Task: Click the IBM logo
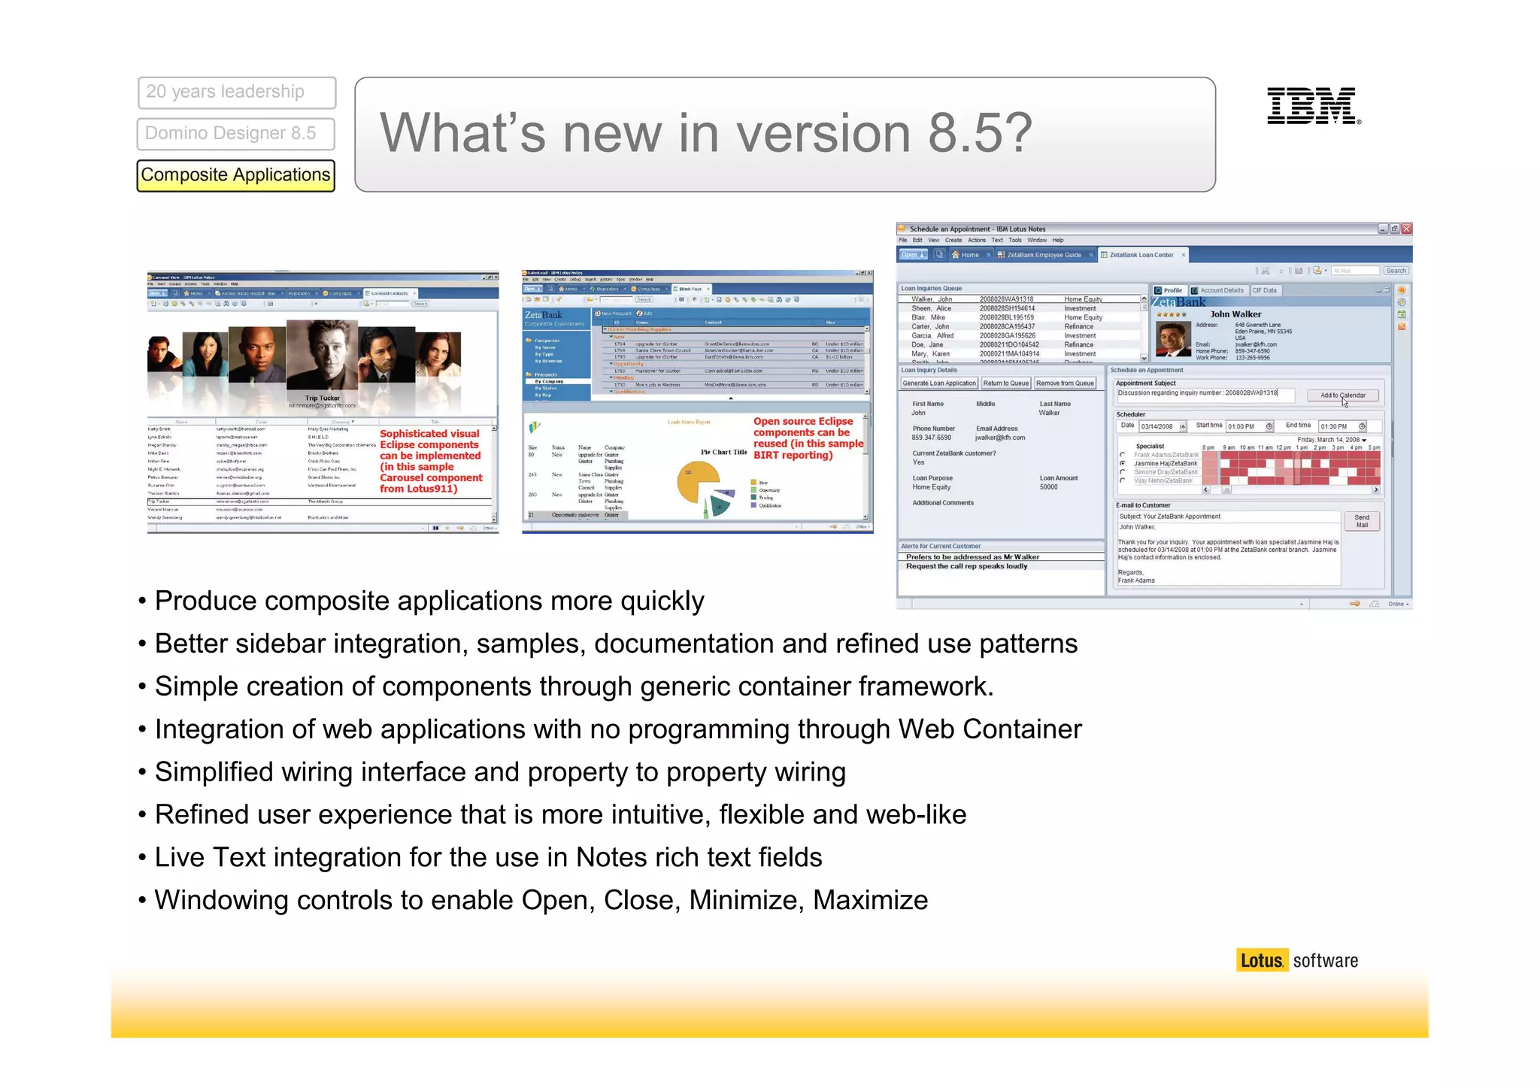pyautogui.click(x=1313, y=106)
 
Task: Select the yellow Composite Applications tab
pyautogui.click(x=235, y=175)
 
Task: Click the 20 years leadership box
pyautogui.click(x=236, y=92)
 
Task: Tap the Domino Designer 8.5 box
pyautogui.click(x=235, y=134)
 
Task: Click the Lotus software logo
pyautogui.click(x=1297, y=960)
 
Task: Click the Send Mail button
pyautogui.click(x=1361, y=521)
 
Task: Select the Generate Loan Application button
pyautogui.click(x=939, y=383)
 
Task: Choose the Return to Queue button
pyautogui.click(x=1005, y=383)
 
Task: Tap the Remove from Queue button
pyautogui.click(x=1065, y=383)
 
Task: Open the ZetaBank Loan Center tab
pyautogui.click(x=1141, y=255)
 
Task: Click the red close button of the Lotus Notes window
pyautogui.click(x=1406, y=229)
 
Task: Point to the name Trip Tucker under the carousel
pyautogui.click(x=322, y=398)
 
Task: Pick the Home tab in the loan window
pyautogui.click(x=969, y=255)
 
